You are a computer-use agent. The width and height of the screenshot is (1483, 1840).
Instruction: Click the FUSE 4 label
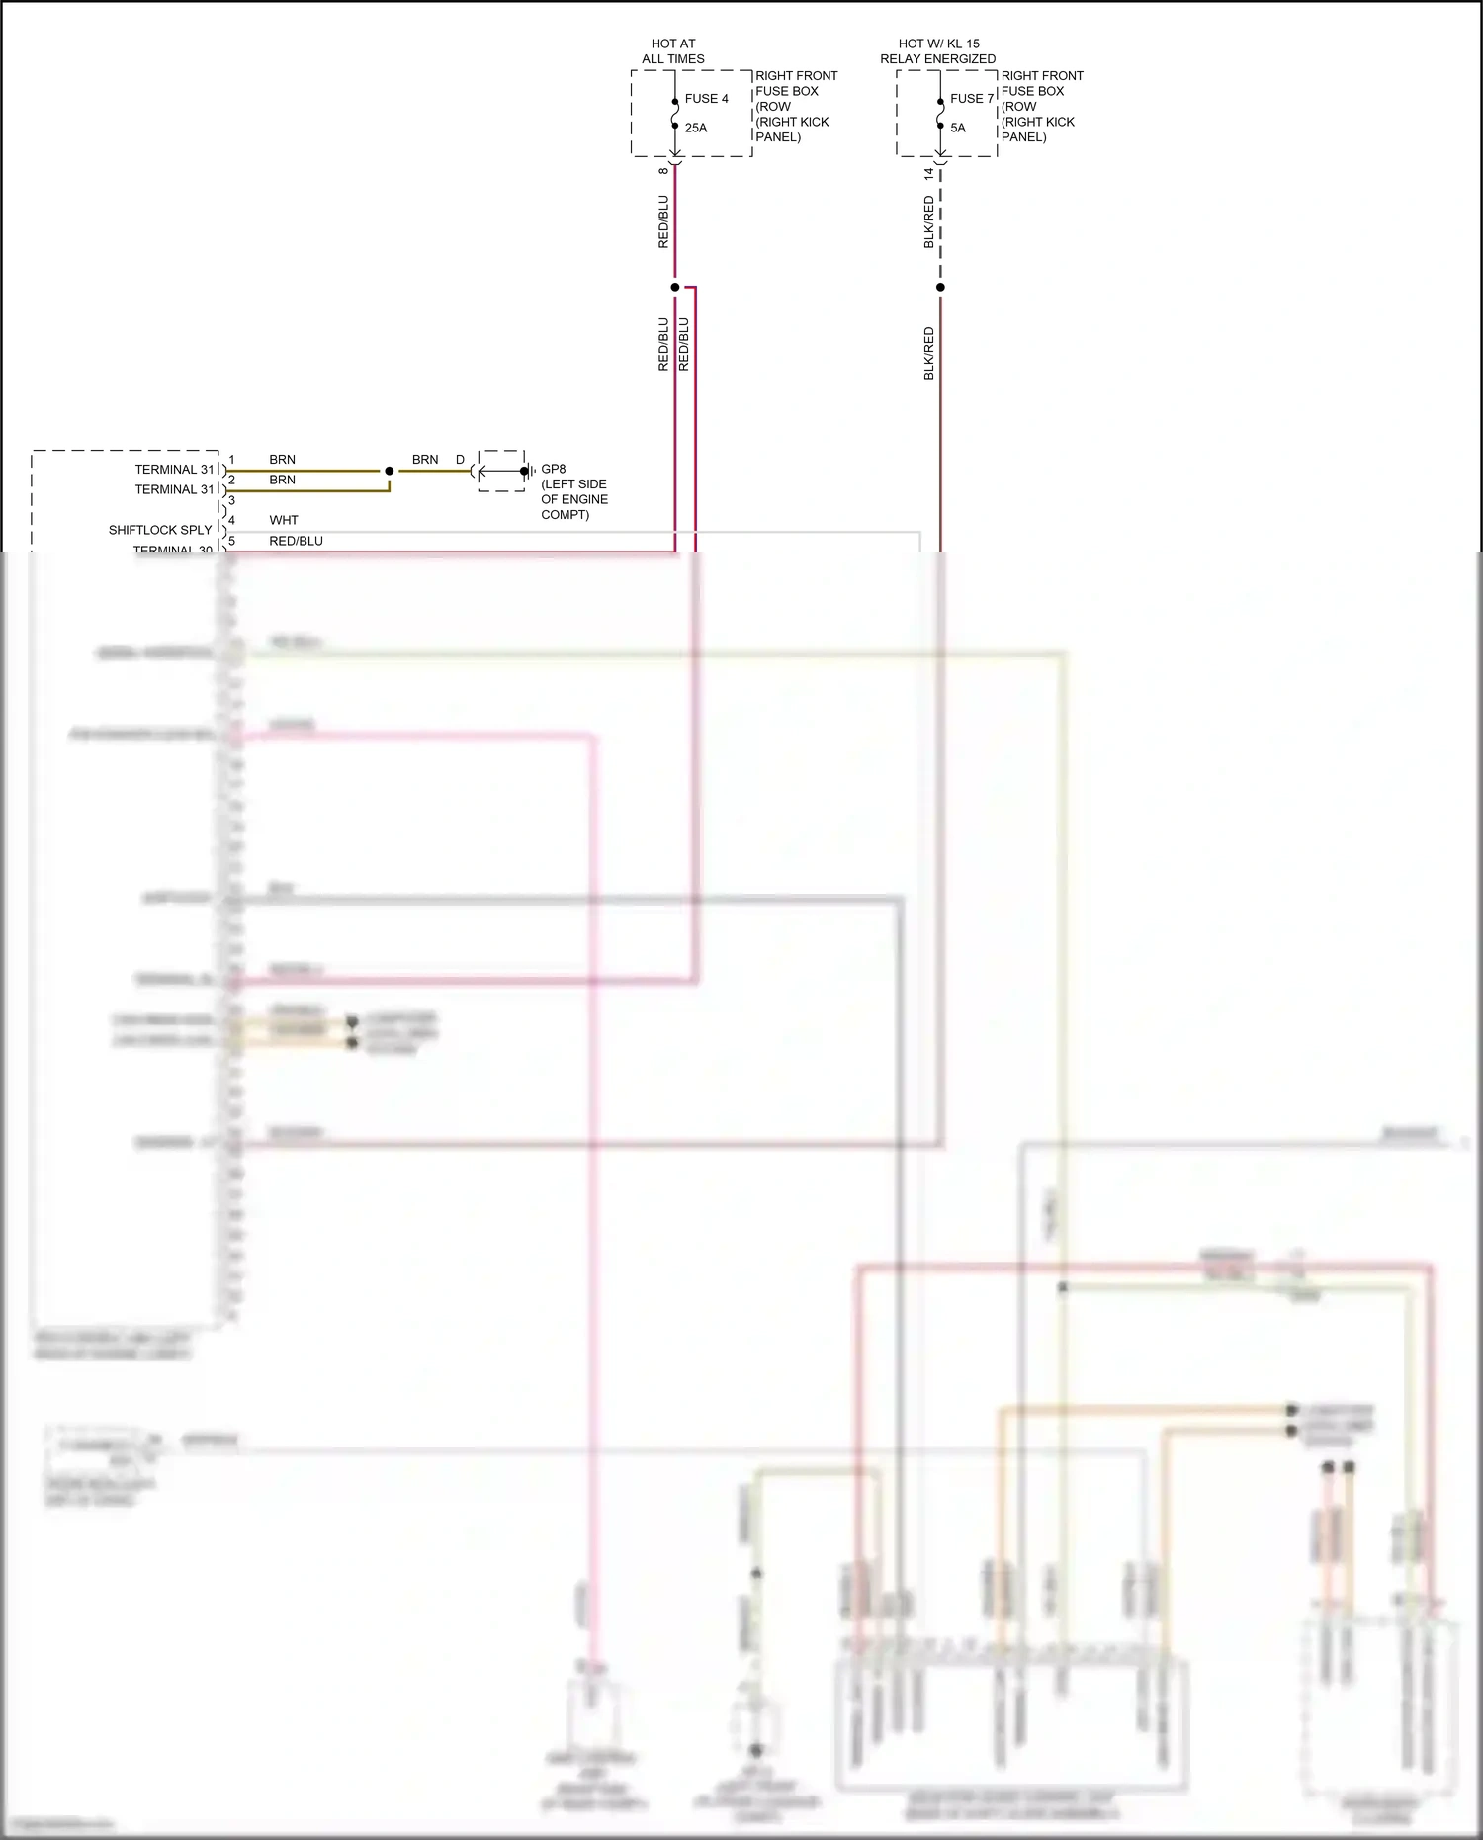point(706,99)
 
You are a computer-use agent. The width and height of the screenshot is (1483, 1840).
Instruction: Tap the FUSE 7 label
point(971,99)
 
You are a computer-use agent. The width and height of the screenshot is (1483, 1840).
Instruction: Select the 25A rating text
point(696,128)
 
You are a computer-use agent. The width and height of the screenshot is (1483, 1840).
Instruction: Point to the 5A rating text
point(958,128)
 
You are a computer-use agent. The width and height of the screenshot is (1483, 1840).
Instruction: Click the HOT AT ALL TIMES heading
point(673,51)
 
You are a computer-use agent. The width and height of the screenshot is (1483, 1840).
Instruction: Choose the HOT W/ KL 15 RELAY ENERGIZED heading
point(938,51)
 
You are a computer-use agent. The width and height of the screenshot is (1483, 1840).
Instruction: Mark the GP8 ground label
point(554,469)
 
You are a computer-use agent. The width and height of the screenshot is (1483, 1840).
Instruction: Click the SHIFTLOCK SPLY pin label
point(160,530)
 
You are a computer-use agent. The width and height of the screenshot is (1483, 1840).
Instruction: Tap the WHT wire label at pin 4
point(284,520)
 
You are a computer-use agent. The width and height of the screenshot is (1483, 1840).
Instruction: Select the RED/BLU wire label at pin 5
point(296,541)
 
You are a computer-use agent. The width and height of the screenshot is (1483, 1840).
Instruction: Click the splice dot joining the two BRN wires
point(390,471)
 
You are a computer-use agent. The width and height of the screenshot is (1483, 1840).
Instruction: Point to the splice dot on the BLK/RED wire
point(940,288)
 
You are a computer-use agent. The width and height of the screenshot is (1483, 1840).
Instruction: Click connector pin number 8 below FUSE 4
point(663,171)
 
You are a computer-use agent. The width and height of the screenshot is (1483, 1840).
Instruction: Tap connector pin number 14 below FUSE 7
point(928,173)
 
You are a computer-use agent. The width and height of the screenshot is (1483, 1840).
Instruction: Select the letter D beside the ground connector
point(460,460)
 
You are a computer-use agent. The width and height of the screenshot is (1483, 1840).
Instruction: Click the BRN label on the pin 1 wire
point(282,460)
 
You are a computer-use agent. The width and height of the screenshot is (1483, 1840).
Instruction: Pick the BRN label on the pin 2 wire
point(282,480)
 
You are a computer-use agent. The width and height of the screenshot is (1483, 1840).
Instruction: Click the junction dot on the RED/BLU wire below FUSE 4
point(675,288)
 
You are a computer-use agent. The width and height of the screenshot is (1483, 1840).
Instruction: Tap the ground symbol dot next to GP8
point(524,471)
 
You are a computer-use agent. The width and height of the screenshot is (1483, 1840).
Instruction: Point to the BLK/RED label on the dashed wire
point(928,222)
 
